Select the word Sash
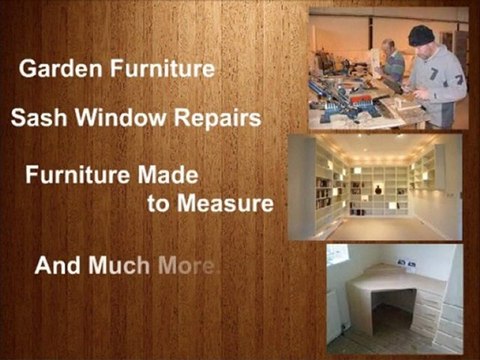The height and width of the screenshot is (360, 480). (x=34, y=118)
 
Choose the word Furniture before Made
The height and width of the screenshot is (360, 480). (x=84, y=173)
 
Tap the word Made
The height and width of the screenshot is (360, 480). (x=172, y=173)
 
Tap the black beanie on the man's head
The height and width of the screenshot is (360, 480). (x=421, y=36)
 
